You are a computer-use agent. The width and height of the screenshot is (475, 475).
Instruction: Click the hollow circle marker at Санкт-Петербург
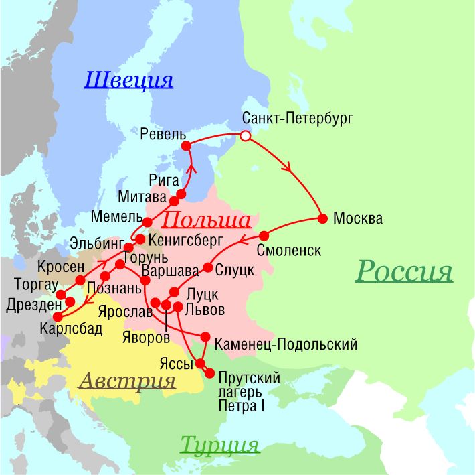tap(246, 136)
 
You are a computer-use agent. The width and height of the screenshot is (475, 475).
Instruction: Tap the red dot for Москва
tap(322, 218)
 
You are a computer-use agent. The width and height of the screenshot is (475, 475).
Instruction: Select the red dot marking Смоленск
tap(264, 236)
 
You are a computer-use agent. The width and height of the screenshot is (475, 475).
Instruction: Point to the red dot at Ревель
tap(186, 145)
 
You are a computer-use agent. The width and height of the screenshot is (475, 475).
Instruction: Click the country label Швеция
tap(128, 80)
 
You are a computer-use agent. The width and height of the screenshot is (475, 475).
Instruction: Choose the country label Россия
tap(403, 271)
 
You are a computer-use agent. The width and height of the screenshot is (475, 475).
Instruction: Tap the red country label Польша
tap(206, 220)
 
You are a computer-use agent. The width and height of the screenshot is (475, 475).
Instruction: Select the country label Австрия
tap(127, 381)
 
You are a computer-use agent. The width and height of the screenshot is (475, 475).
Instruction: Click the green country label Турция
tap(219, 444)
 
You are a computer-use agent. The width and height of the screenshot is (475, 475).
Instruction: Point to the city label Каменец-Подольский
tap(286, 344)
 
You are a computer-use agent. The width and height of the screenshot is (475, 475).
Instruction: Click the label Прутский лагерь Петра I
tap(249, 392)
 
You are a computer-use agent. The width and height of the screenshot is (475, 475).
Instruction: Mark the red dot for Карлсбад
tap(58, 316)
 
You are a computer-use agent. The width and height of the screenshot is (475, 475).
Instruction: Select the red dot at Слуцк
tap(208, 268)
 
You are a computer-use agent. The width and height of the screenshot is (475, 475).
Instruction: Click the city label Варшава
tap(170, 272)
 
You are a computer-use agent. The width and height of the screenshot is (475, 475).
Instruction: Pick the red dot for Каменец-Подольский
tap(205, 336)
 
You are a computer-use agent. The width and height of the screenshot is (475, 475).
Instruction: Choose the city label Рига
tap(165, 180)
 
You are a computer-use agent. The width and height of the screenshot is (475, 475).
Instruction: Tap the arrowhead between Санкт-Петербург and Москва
tap(286, 167)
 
